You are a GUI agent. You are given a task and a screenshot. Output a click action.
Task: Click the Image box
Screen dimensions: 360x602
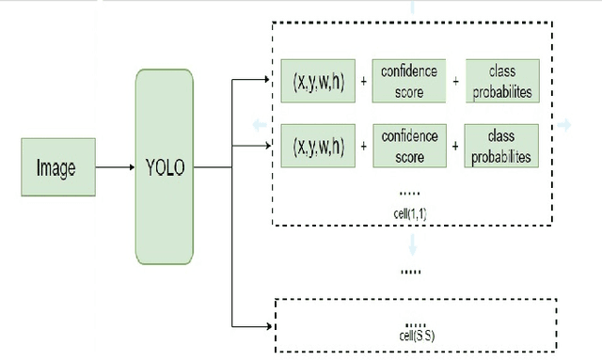[55, 168]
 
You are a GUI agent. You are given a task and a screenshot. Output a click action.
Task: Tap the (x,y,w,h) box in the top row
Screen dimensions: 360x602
[318, 82]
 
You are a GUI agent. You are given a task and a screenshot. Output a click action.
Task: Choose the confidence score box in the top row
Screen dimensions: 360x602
[409, 82]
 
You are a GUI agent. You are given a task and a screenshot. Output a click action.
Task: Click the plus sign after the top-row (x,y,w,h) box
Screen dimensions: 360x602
[363, 83]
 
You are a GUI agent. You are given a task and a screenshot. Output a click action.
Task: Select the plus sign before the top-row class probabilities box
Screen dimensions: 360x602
[456, 83]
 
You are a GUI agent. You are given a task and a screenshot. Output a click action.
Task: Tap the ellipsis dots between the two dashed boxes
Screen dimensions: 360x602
[410, 272]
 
